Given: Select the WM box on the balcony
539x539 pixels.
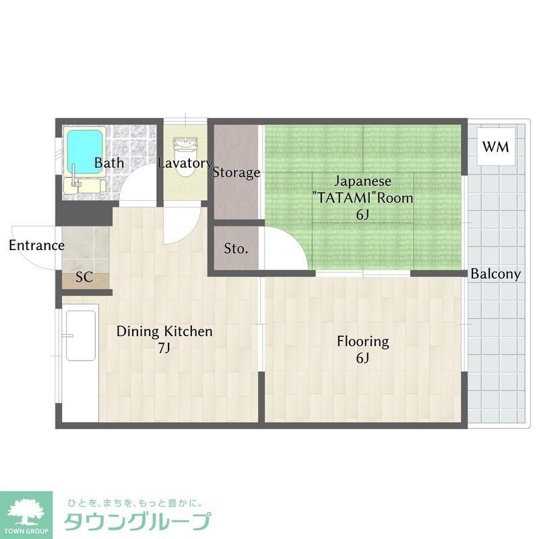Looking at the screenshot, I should [495, 146].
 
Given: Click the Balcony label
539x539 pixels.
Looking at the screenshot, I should [496, 274].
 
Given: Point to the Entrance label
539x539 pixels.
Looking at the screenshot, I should [36, 245].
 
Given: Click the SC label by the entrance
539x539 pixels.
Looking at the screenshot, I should [84, 277].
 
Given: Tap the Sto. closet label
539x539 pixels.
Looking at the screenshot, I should [236, 249].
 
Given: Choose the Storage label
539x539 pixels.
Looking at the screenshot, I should [236, 172].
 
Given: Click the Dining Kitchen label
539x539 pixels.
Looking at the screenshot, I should [164, 331].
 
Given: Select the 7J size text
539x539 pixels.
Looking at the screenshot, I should [164, 348].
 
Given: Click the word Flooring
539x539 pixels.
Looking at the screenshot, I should [363, 342].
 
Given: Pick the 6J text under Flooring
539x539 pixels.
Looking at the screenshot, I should [363, 358].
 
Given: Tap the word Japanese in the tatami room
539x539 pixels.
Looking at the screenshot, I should [362, 182].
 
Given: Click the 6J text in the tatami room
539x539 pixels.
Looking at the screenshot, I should [362, 215].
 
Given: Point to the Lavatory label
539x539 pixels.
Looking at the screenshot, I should [185, 163].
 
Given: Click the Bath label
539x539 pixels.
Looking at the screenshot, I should [108, 163].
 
